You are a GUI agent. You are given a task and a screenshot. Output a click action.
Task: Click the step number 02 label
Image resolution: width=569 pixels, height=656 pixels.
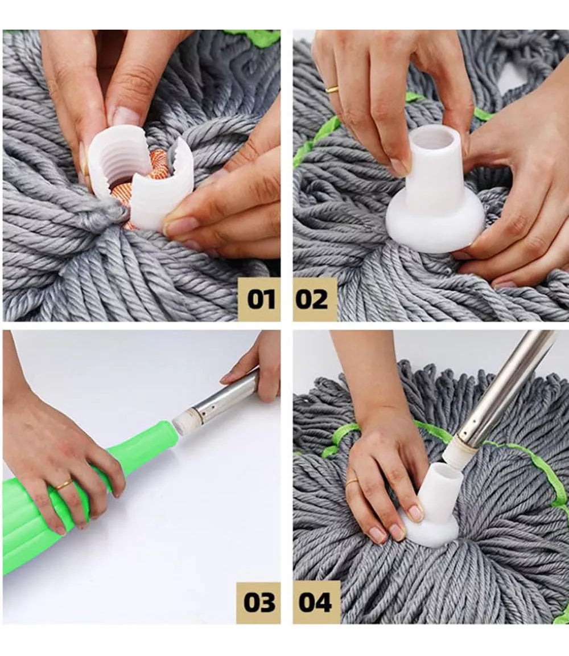311,299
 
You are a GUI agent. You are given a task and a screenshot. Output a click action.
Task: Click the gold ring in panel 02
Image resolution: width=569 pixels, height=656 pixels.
332,88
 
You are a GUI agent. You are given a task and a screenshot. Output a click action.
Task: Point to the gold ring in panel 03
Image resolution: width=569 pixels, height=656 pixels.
64,485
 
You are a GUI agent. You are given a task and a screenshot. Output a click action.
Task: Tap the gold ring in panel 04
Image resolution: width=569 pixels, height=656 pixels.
352,482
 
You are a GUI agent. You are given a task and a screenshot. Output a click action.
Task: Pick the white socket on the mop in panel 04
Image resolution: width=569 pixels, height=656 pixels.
430,506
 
